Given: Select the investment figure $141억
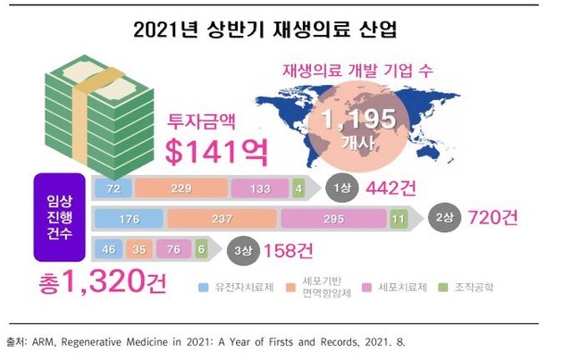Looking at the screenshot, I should coord(217,150).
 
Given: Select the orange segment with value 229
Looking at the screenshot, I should coord(181,188).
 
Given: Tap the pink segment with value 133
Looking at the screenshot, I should coord(257,188).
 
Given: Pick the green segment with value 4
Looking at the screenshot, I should coord(298,188).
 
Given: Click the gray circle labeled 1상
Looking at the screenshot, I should coord(340,188).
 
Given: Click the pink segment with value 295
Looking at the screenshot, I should coord(332,219).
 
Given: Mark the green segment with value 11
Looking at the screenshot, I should coord(399,219).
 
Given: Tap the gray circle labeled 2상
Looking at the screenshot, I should coord(443,219).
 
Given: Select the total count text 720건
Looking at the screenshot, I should coord(490,219).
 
